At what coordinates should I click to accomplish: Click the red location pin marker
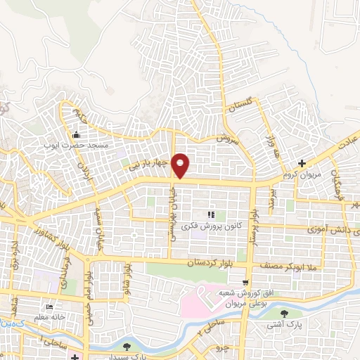tap(181, 165)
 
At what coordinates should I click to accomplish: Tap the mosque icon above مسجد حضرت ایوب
tap(77, 135)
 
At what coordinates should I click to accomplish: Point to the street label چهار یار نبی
tap(148, 165)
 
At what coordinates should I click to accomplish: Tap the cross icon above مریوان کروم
tap(302, 163)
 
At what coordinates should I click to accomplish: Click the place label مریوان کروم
tap(296, 174)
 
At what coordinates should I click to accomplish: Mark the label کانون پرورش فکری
tap(210, 224)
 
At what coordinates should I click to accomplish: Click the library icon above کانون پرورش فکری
tap(210, 214)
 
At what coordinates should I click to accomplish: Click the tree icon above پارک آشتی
tap(284, 314)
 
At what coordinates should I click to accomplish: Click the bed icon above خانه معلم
tap(49, 307)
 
